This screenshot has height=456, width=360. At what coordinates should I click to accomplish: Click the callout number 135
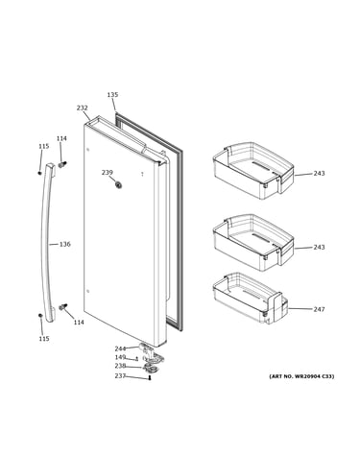coord(112,95)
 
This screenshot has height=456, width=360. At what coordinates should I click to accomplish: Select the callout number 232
coord(82,108)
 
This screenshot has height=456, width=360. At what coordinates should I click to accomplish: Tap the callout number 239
coord(108,173)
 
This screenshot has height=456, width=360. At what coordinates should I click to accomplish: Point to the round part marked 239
coord(119,184)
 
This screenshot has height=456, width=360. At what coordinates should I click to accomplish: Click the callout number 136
coord(64,244)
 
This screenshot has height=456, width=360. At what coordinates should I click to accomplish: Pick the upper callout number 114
coord(61,138)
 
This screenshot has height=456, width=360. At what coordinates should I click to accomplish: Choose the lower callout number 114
coord(79,323)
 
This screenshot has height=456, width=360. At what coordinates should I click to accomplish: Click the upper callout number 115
coord(44,146)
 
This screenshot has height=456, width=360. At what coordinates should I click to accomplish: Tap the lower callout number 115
coord(44,339)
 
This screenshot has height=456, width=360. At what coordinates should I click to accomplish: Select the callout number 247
coord(319,309)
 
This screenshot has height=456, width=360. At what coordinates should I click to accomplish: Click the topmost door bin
coord(253,171)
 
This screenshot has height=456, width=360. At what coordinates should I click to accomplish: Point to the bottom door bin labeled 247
coord(251,299)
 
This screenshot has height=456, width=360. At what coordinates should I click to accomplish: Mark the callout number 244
coord(120,348)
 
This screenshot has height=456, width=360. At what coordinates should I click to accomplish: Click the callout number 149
coord(120,357)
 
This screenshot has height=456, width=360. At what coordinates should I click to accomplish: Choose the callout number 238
coord(120,366)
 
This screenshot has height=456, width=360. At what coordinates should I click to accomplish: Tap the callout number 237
coord(120,376)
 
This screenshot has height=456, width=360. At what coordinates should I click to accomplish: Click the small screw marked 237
coord(150,378)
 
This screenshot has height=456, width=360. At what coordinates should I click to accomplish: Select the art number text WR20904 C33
coord(311,376)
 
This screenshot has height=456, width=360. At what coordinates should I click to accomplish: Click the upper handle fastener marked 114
coord(62,164)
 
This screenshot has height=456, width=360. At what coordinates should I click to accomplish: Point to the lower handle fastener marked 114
coord(63,307)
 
